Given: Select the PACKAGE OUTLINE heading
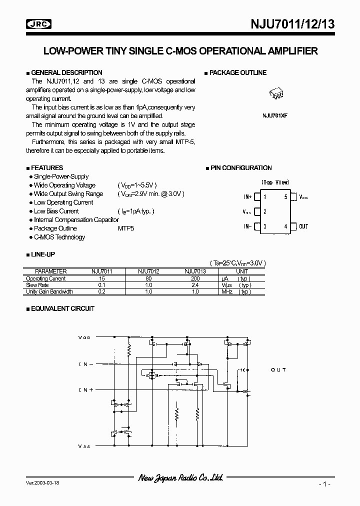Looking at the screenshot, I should coord(237,72).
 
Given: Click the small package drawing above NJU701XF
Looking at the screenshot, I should coord(276,94).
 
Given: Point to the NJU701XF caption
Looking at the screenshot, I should coord(275,115).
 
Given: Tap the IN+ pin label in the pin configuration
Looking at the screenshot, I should coord(247,197).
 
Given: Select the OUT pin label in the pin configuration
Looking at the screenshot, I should coord(303,226).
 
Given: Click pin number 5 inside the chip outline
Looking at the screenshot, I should coord(286,197).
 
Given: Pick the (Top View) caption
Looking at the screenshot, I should coord(275,182).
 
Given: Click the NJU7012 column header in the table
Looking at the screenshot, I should coord(148,271).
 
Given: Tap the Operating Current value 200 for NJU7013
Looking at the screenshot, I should coord(195,278).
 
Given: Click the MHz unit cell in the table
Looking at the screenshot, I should coord(226,291).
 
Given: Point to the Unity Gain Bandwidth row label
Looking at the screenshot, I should coord(49,291).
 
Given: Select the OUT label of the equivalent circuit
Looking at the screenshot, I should coord(278,369).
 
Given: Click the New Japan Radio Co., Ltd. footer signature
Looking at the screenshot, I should coord(180,478).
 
